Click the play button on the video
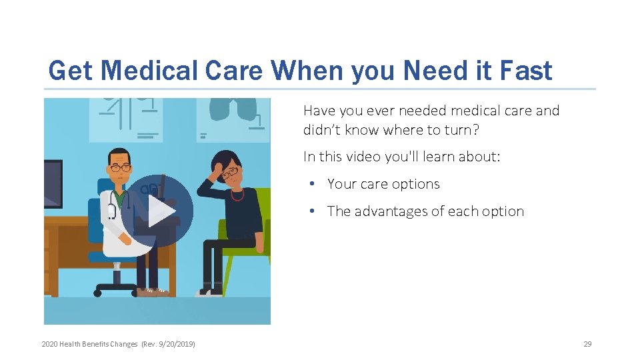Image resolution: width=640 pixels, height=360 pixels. (157, 211)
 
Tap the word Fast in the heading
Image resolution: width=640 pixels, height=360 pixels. (525, 71)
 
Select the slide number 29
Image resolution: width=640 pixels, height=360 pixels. (587, 344)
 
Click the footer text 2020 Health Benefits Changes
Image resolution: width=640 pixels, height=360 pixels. (89, 344)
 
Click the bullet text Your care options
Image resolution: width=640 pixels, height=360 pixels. (383, 184)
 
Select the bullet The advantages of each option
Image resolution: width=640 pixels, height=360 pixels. (425, 211)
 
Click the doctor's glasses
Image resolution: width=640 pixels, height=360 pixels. (121, 168)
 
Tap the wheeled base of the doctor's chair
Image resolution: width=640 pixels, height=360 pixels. (117, 288)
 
